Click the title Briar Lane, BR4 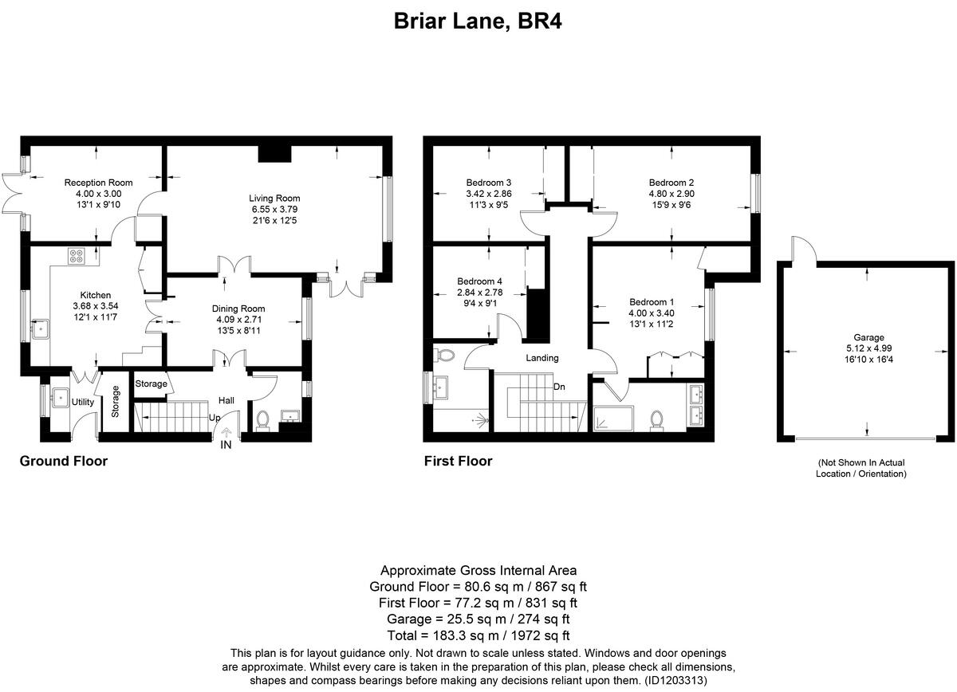click(x=478, y=22)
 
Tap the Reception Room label click(x=98, y=183)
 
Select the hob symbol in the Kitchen click(x=77, y=256)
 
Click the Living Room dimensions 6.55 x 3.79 click(x=274, y=209)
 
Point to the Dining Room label click(x=238, y=309)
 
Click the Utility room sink click(x=57, y=396)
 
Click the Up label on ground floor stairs click(x=215, y=418)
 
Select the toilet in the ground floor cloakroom click(x=264, y=419)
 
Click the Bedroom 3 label click(x=488, y=183)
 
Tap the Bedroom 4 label click(x=479, y=281)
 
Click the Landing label click(x=542, y=358)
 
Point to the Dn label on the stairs click(x=560, y=387)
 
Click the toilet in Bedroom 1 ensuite click(x=658, y=419)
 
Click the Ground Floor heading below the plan click(x=63, y=461)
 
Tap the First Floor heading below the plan click(x=458, y=461)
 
